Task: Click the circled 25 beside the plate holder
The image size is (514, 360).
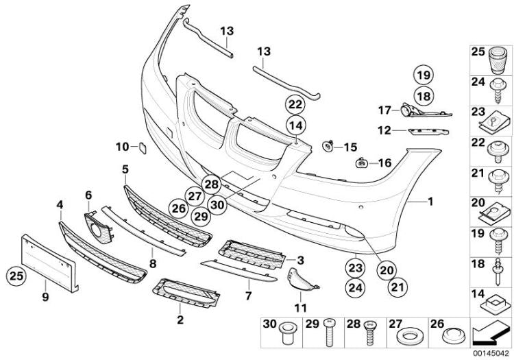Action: [x=14, y=277]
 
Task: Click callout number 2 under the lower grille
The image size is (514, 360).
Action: [x=180, y=320]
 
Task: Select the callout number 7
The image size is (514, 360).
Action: [x=249, y=295]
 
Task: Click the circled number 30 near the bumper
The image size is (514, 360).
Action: [x=218, y=204]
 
